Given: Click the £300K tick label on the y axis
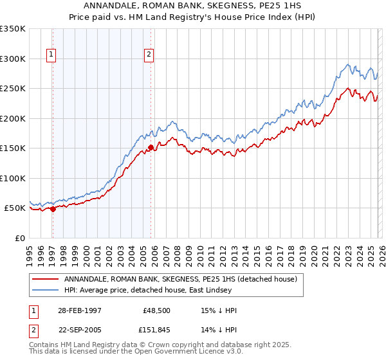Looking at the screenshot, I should pyautogui.click(x=13, y=59).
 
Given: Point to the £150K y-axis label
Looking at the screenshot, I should pyautogui.click(x=13, y=148).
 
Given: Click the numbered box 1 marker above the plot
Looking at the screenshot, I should pyautogui.click(x=51, y=55).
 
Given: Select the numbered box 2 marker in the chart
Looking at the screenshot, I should pyautogui.click(x=149, y=55).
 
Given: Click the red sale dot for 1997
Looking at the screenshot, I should pyautogui.click(x=53, y=209).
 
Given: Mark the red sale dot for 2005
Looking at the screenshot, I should pyautogui.click(x=151, y=147).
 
